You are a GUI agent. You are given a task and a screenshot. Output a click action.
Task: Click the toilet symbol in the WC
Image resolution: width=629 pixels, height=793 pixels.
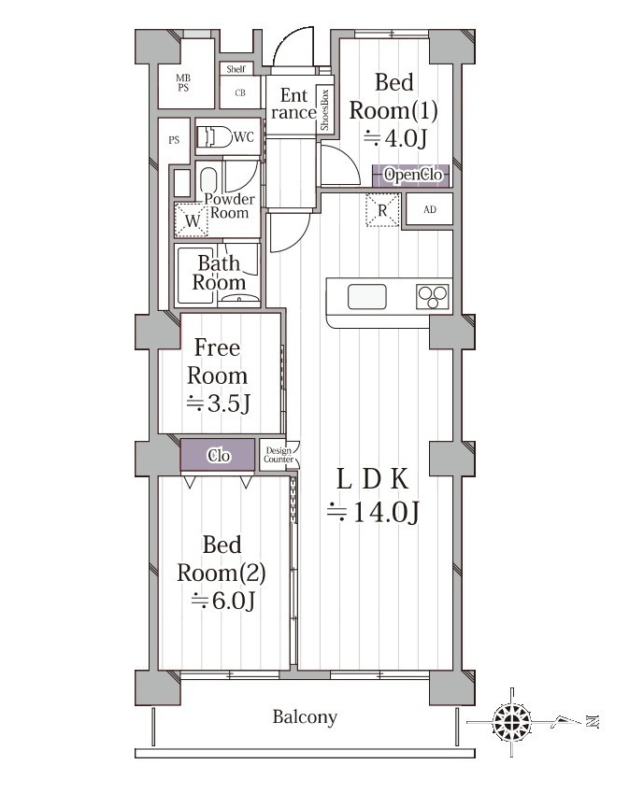click(212, 136)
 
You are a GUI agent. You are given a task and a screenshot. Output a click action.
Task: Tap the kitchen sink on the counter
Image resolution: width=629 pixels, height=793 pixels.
click(367, 297)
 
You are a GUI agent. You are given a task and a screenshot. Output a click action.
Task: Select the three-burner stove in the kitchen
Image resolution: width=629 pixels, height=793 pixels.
click(432, 296)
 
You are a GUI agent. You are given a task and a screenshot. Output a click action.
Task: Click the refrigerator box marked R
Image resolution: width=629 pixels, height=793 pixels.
click(382, 210)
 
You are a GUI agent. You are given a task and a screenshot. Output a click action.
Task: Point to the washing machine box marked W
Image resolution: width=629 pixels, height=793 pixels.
click(192, 220)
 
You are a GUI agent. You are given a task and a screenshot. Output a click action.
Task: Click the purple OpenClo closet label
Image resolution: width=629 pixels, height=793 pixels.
click(411, 175)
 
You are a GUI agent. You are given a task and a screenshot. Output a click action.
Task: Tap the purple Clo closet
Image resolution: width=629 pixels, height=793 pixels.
click(218, 455)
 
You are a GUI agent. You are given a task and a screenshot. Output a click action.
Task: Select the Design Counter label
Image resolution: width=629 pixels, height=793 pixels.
click(279, 455)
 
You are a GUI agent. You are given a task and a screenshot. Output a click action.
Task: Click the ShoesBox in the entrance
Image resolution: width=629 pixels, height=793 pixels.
click(325, 109)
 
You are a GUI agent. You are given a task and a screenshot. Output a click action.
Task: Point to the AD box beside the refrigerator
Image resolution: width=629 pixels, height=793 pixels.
click(430, 209)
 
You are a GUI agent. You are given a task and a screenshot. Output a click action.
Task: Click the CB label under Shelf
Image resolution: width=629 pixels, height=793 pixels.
click(240, 92)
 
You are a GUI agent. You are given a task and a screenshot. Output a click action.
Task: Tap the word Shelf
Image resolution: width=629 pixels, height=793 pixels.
click(236, 69)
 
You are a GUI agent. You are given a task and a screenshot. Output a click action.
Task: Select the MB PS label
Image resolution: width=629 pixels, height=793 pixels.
click(183, 82)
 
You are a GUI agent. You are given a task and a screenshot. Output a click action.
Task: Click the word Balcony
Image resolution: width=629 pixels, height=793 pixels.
click(305, 717)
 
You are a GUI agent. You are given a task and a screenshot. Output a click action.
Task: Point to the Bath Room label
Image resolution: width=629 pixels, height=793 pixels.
click(219, 273)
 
